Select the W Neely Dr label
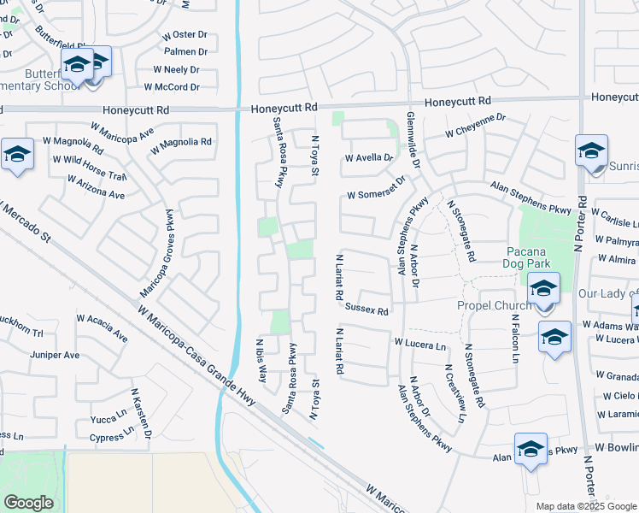pyautogui.click(x=176, y=69)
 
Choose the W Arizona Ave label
pyautogui.click(x=96, y=187)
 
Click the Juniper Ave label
pyautogui.click(x=54, y=355)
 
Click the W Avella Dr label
pyautogui.click(x=368, y=158)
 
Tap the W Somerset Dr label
pyautogui.click(x=375, y=196)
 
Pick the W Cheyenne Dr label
pyautogui.click(x=475, y=127)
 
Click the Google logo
pyautogui.click(x=28, y=503)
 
